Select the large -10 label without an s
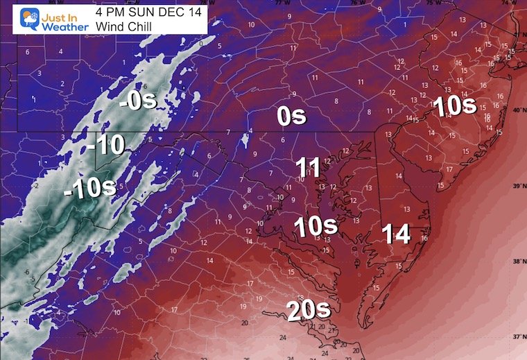point(106,146)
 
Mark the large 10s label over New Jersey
point(454,105)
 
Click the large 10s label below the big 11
point(315,225)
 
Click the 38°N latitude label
point(517,261)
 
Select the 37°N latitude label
point(517,336)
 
